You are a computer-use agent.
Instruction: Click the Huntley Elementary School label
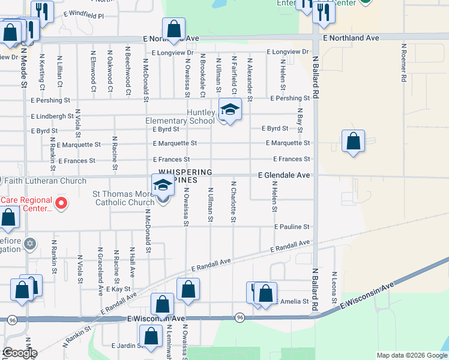pos(180,116)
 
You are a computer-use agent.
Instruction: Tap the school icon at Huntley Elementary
pos(230,109)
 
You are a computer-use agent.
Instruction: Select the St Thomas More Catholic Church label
pos(124,198)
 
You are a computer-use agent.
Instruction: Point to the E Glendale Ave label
pos(284,175)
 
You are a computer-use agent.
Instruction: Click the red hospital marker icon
pos(61,204)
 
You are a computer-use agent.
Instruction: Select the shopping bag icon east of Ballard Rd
pos(354,142)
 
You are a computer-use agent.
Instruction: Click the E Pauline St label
pos(292,227)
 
